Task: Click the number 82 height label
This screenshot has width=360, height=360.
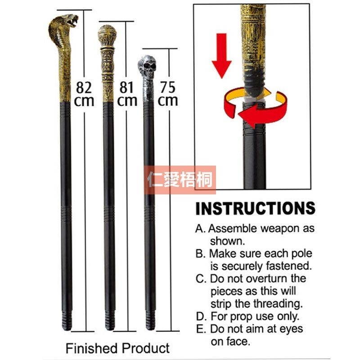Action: pos(84,87)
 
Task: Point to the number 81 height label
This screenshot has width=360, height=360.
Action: pos(126,87)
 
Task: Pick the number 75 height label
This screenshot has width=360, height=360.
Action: pos(168,87)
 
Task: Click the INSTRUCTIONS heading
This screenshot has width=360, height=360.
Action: pos(256,208)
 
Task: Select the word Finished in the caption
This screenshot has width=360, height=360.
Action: pos(92,348)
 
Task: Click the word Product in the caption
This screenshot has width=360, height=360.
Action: pos(146,348)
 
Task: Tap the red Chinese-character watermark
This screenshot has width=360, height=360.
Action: pos(180,180)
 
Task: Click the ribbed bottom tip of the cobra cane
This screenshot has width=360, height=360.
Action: pos(67,320)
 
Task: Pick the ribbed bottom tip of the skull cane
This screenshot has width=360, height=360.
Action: pos(150,320)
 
